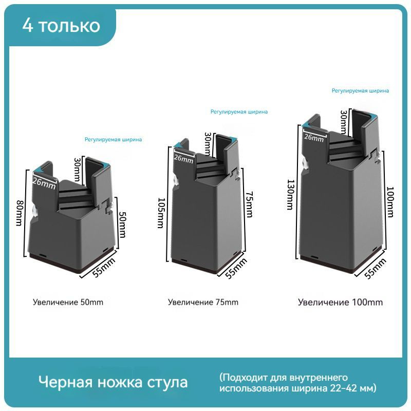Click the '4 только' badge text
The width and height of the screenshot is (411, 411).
(61, 26)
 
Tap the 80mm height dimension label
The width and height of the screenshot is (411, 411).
(20, 213)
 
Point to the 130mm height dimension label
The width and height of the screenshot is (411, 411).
(290, 195)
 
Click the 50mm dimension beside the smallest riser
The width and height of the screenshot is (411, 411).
(123, 225)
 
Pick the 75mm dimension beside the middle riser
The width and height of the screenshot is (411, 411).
(249, 204)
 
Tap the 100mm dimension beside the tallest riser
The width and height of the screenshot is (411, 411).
(390, 202)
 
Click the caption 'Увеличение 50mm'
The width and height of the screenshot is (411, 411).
(68, 302)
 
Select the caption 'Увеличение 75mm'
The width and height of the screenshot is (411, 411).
(203, 302)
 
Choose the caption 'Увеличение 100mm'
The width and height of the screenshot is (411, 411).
(340, 302)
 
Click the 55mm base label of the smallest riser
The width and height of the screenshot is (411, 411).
(104, 267)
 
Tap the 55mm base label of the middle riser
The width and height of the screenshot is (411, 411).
(236, 268)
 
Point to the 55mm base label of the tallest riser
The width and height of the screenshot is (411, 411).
(376, 268)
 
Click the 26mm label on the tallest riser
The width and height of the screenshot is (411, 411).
(314, 137)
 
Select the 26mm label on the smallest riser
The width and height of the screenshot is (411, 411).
(44, 182)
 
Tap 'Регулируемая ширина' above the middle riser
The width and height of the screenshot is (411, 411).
(239, 112)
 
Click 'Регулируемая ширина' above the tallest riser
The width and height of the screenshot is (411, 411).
(360, 91)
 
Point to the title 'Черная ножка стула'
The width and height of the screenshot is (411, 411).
(113, 382)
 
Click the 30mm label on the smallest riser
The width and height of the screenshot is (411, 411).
(77, 170)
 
